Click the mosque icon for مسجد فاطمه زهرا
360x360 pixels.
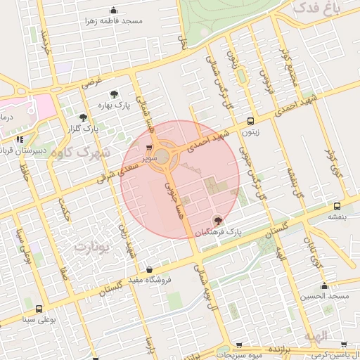(114, 11)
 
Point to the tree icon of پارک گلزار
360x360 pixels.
(83, 118)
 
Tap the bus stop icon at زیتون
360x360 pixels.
(250, 120)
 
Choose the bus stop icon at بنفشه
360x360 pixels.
(337, 206)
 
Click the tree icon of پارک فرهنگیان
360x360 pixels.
(218, 220)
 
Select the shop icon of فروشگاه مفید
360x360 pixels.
(149, 269)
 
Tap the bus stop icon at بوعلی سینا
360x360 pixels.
(39, 309)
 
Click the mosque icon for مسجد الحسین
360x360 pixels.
(324, 285)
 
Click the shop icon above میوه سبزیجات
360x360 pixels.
(240, 346)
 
